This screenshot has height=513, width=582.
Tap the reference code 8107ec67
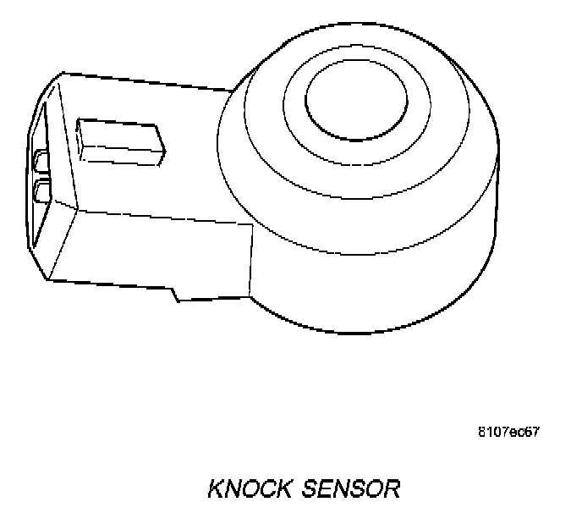(508, 432)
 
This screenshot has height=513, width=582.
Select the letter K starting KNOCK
(215, 488)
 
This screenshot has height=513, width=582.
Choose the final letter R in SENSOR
(391, 488)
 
